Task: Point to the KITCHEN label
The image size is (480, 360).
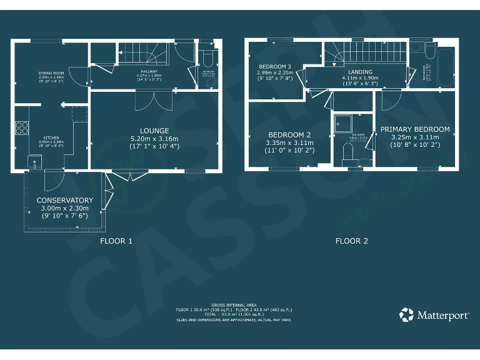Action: tap(51, 137)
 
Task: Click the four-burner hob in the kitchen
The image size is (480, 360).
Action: tap(21, 128)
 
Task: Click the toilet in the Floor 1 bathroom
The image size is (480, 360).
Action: tap(209, 57)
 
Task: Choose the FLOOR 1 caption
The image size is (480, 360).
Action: tap(116, 241)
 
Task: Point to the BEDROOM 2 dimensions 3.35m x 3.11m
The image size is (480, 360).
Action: tap(290, 143)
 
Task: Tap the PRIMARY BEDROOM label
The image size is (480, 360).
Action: tap(415, 129)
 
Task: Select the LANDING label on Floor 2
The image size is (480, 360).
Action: tap(361, 72)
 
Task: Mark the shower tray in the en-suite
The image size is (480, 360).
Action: tap(343, 124)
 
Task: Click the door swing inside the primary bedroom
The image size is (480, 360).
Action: tap(391, 99)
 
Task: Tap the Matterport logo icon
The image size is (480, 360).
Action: tap(406, 314)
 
